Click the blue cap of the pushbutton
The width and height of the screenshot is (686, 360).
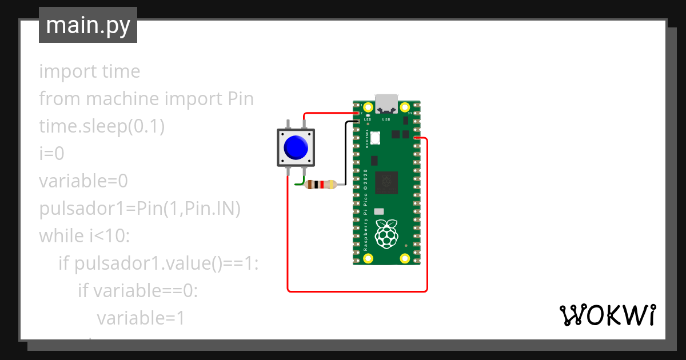tap(295, 147)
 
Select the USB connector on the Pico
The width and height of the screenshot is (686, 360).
tap(386, 103)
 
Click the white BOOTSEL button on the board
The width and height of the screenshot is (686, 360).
tap(376, 138)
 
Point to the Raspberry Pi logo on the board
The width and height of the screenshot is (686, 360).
tap(387, 233)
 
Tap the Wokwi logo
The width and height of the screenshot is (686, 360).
tap(607, 315)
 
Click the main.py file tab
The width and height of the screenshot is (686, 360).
tap(87, 25)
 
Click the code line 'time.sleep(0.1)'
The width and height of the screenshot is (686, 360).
tap(102, 126)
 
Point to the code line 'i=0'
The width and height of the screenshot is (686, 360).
tap(51, 154)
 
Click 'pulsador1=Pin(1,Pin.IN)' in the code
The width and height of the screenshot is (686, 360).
tap(139, 209)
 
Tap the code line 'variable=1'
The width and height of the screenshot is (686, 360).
tap(141, 318)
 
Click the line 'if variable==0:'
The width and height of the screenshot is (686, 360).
tap(137, 291)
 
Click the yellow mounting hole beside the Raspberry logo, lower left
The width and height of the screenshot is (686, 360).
tap(369, 258)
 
